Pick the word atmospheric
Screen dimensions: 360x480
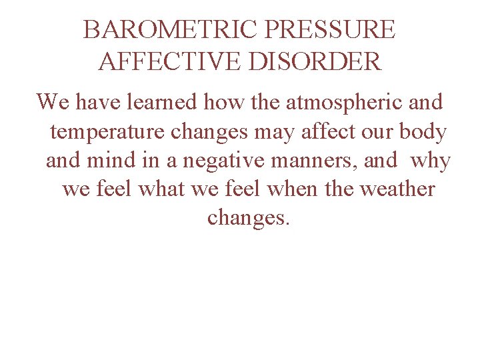[x=337, y=103]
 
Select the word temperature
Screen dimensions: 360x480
[x=107, y=131]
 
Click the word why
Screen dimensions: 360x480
[x=431, y=161]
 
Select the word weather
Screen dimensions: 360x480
[x=397, y=189]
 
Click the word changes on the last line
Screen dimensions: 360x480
[x=249, y=218]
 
